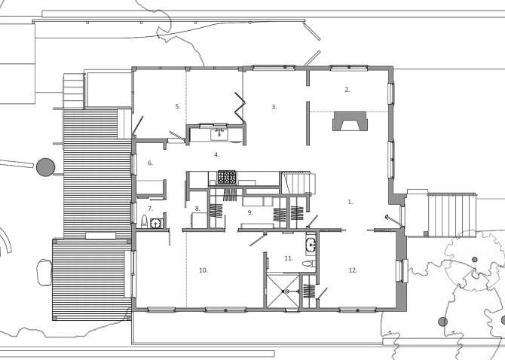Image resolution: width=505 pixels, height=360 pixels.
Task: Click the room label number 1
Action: [x=350, y=202]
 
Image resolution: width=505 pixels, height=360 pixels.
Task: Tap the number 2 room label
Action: [x=347, y=90]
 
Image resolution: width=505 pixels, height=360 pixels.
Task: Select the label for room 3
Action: [x=274, y=108]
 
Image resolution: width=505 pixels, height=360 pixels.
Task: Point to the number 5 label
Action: [x=178, y=107]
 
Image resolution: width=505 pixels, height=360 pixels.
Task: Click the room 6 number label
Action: [x=150, y=163]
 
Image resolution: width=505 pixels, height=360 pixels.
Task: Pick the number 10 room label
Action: [x=203, y=270]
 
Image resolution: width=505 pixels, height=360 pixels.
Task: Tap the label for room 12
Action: [x=352, y=270]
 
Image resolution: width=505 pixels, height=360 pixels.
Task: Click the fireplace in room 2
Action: [x=347, y=122]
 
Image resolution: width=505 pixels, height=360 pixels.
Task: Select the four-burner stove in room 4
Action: [x=227, y=178]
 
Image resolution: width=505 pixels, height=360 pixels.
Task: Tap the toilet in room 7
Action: [x=144, y=221]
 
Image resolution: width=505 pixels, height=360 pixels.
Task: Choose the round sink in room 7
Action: [x=155, y=222]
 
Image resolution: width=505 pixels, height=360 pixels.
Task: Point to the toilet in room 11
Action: [x=307, y=263]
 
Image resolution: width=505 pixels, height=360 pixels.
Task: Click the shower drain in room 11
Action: [x=283, y=290]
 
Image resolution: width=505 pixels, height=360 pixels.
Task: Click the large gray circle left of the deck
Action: [x=46, y=166]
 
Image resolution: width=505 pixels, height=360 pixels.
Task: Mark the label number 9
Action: [x=250, y=212]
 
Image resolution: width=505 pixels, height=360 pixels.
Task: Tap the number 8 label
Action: [x=197, y=209]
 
